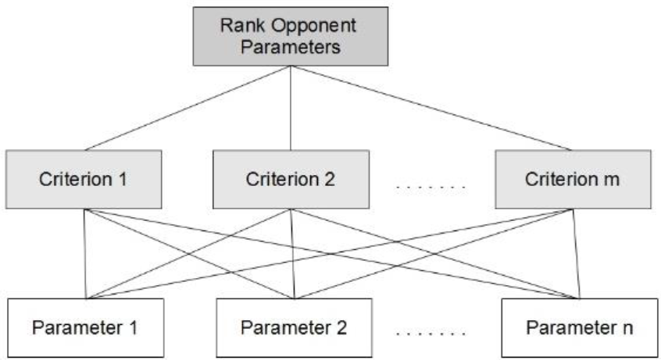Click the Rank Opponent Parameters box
291,37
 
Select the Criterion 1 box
84,179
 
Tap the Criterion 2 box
291,179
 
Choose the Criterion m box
573,179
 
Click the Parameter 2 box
293,326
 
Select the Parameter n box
578,326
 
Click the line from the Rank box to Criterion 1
188,108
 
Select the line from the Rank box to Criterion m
431,108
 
